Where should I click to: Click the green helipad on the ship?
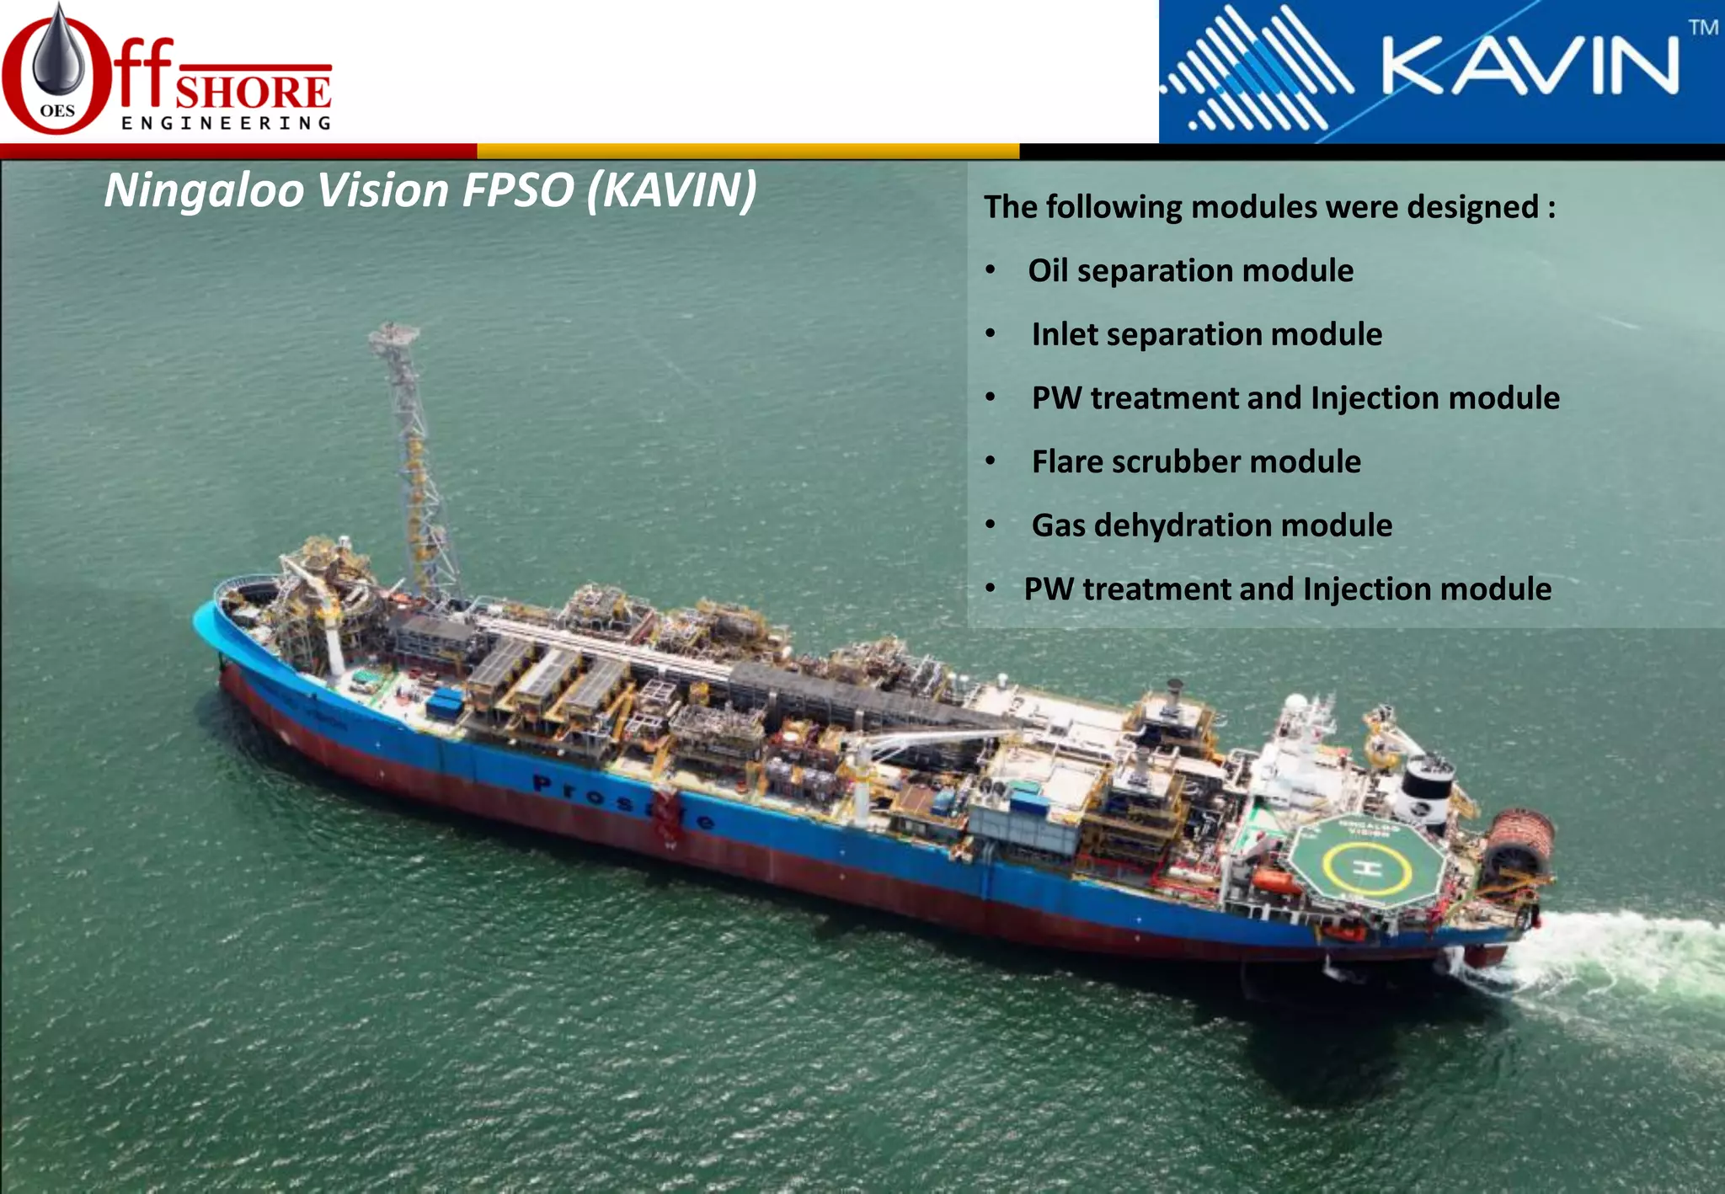click(x=1365, y=864)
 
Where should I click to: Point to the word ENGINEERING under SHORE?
click(x=226, y=124)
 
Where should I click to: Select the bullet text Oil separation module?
click(x=1190, y=271)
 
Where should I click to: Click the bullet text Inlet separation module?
click(x=1206, y=334)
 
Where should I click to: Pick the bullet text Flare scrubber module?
click(x=1196, y=461)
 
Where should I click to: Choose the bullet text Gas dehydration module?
click(x=1211, y=525)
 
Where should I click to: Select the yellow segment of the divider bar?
click(x=748, y=152)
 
